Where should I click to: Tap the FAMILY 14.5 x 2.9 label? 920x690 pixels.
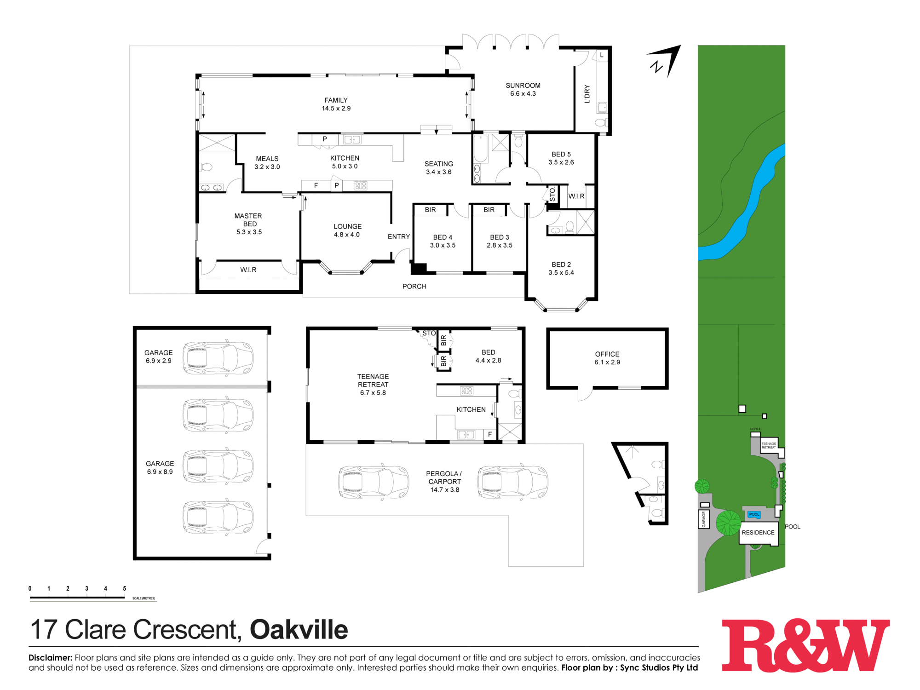pyautogui.click(x=336, y=104)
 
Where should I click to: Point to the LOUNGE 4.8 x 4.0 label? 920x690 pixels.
pyautogui.click(x=347, y=230)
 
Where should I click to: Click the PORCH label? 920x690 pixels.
pyautogui.click(x=414, y=287)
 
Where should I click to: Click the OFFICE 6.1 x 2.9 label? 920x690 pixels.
pyautogui.click(x=607, y=358)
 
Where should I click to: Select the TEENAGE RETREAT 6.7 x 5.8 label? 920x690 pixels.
pyautogui.click(x=373, y=385)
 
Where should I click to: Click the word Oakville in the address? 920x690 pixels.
pyautogui.click(x=299, y=630)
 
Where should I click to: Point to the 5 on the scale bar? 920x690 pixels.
pyautogui.click(x=124, y=589)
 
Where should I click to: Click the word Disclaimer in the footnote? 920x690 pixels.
pyautogui.click(x=50, y=658)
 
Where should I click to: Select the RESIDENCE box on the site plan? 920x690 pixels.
pyautogui.click(x=758, y=533)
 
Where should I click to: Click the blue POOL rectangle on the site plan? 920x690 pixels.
pyautogui.click(x=754, y=514)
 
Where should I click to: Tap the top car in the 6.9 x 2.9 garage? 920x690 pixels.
pyautogui.click(x=218, y=358)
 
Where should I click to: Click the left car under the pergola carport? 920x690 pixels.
pyautogui.click(x=374, y=482)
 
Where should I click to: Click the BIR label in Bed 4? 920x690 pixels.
pyautogui.click(x=430, y=210)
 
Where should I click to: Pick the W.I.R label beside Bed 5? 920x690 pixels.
pyautogui.click(x=576, y=196)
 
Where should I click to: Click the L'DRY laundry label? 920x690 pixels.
pyautogui.click(x=587, y=94)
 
